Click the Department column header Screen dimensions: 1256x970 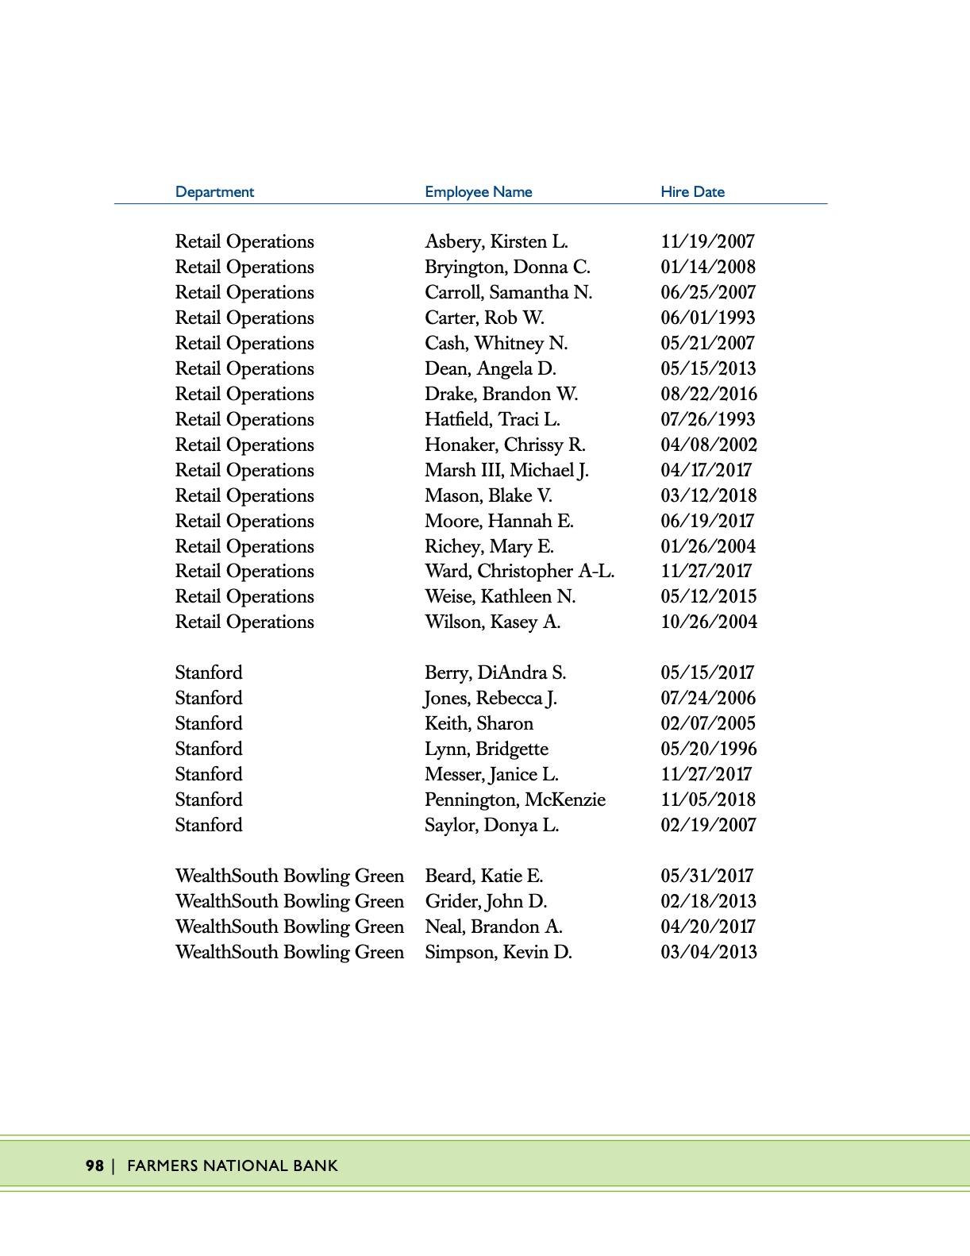point(214,192)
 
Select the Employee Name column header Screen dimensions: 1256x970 point(478,192)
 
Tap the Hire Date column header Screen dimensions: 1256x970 point(692,192)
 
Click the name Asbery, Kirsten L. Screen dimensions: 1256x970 point(496,241)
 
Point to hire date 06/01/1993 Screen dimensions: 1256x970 point(707,318)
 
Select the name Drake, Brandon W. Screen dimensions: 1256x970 point(501,394)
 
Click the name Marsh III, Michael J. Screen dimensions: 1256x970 point(506,470)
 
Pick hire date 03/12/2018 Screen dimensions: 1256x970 point(708,495)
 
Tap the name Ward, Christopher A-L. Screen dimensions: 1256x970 point(519,571)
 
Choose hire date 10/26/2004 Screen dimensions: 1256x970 point(708,622)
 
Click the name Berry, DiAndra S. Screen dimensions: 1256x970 point(495,672)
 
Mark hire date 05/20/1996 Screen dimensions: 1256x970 point(708,749)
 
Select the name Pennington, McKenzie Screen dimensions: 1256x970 point(515,799)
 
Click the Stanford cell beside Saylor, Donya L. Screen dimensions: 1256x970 point(209,825)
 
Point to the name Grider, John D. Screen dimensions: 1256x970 point(486,901)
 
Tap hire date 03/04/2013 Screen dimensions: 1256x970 point(708,952)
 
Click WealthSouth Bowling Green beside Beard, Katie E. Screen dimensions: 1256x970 point(290,876)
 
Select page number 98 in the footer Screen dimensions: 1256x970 point(94,1165)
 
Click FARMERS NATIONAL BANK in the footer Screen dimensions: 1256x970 point(233,1165)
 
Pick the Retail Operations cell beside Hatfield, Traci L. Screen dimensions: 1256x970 point(244,419)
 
